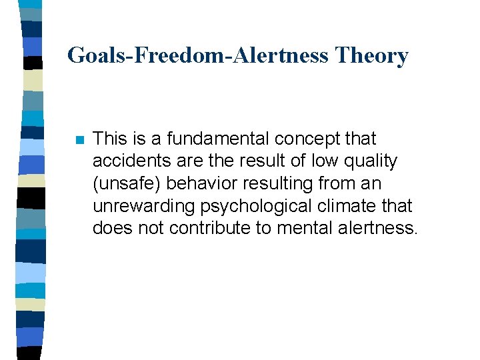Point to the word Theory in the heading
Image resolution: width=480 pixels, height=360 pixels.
tap(372, 55)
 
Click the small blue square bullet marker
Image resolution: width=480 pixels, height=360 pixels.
tap(79, 140)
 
